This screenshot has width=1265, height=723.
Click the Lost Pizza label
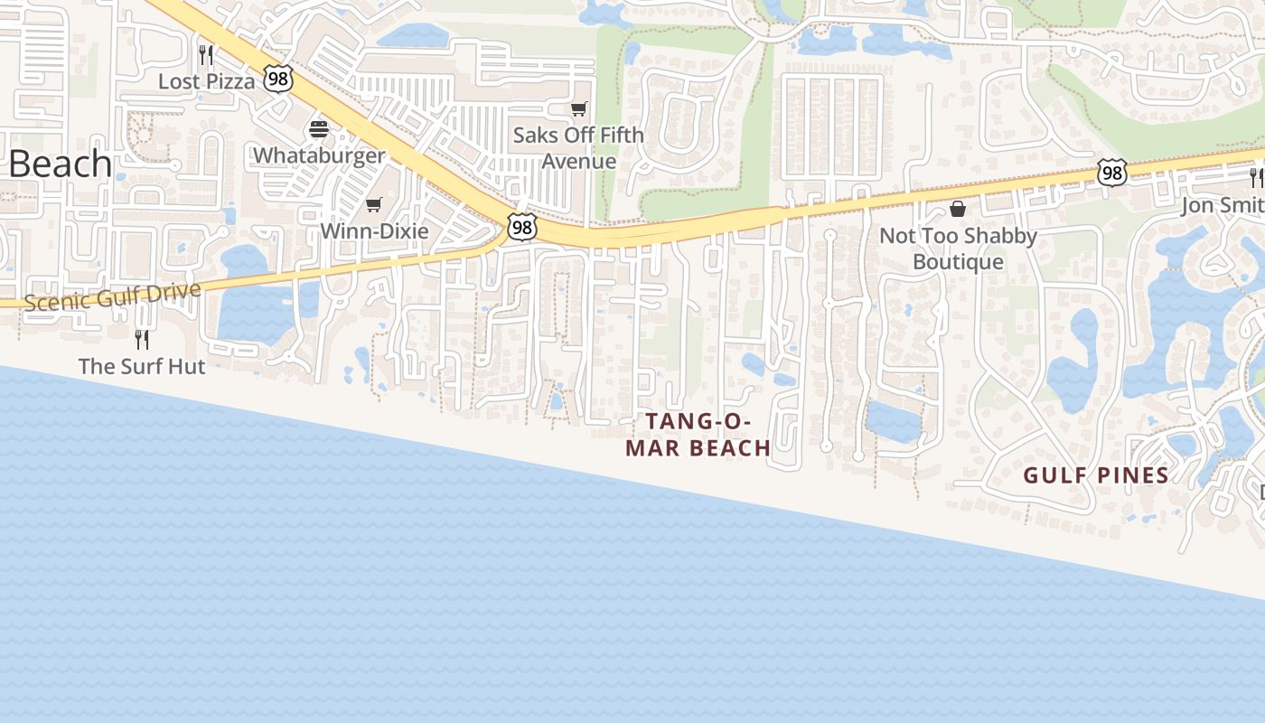click(206, 81)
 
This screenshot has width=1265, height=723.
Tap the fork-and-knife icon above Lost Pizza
click(206, 55)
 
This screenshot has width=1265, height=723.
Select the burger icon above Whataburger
click(318, 129)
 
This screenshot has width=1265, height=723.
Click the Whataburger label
click(318, 155)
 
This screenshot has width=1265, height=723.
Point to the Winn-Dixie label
click(374, 230)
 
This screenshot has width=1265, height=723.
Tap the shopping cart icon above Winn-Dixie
click(374, 205)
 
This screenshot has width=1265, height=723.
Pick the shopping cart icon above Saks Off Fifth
click(578, 109)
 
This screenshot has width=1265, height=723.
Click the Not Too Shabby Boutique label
click(958, 249)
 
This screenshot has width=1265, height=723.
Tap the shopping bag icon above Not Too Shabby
click(958, 210)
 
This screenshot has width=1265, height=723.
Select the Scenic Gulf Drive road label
click(112, 296)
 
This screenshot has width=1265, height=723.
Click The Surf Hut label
click(142, 366)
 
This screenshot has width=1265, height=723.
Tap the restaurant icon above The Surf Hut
click(142, 340)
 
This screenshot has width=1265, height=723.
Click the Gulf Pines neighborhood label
click(1096, 475)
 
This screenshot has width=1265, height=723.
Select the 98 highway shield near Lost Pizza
click(278, 80)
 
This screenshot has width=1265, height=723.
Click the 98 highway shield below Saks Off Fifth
click(521, 228)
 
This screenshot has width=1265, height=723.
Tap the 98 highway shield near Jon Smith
click(1112, 172)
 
